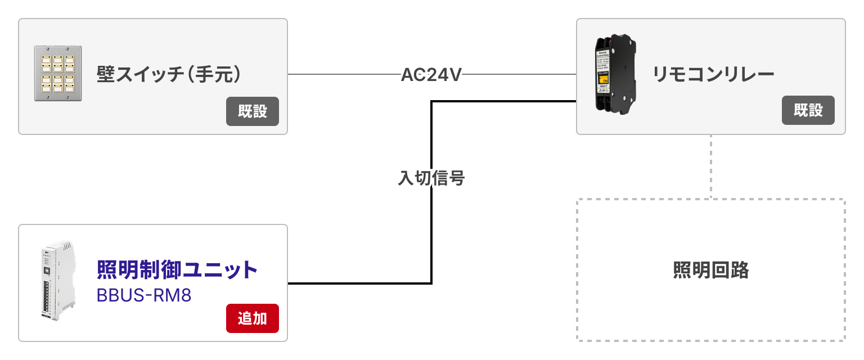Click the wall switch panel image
click(x=58, y=73)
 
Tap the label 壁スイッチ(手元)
click(x=169, y=74)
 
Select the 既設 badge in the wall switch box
click(x=252, y=111)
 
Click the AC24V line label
click(x=431, y=74)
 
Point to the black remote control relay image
click(x=615, y=74)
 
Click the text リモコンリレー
click(x=713, y=74)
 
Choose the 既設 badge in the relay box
click(x=808, y=110)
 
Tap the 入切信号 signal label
click(x=431, y=178)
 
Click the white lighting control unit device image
click(x=58, y=281)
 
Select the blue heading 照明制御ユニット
click(x=177, y=269)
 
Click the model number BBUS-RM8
click(x=144, y=295)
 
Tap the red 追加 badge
click(x=252, y=318)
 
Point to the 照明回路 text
click(x=711, y=270)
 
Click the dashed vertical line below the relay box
click(x=711, y=166)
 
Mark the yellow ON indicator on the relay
click(x=603, y=79)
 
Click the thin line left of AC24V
click(x=344, y=74)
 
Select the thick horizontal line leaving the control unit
click(x=359, y=283)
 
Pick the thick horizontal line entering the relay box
click(x=504, y=101)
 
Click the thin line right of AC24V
click(x=519, y=74)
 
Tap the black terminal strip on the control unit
click(x=46, y=296)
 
